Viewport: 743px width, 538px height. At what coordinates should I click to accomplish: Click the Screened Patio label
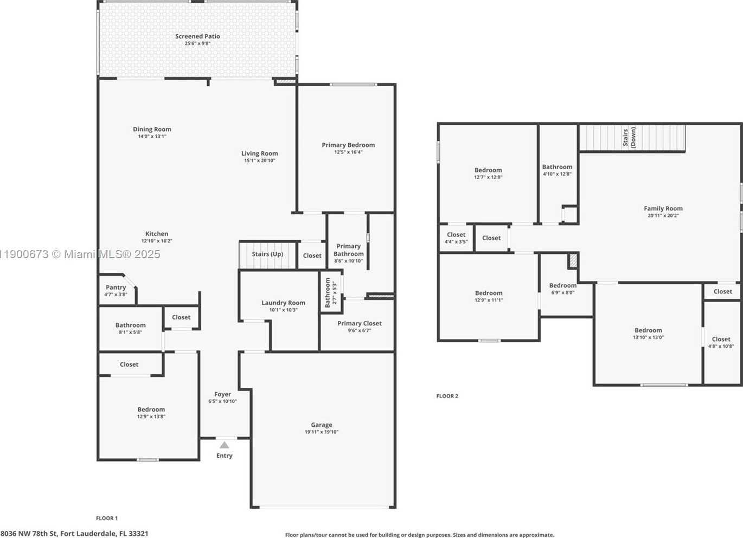coord(197,36)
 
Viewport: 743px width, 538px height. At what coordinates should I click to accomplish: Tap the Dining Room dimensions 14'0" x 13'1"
coord(152,136)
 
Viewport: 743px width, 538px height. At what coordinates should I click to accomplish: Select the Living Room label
coord(259,153)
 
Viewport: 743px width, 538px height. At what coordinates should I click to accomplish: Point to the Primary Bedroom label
coord(348,145)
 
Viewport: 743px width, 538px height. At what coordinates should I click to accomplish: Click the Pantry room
coord(116,290)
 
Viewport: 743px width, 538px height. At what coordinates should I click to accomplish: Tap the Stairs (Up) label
coord(267,254)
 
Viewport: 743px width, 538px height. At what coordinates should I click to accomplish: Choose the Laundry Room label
coord(283,303)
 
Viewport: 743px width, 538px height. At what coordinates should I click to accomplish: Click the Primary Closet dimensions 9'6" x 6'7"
coord(359,330)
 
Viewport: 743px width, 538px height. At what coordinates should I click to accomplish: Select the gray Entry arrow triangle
coord(224,445)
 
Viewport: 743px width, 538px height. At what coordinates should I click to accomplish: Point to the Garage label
coord(322,425)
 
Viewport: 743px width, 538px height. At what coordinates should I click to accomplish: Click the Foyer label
coord(222,394)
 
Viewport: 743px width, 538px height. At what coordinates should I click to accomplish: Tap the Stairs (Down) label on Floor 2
coord(629,137)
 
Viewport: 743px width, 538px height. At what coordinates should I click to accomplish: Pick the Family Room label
coord(663,208)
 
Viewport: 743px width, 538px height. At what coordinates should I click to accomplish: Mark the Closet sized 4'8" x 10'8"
coord(721,343)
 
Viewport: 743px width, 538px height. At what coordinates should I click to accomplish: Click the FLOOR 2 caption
coord(447,396)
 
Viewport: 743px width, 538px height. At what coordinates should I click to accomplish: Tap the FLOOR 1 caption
coord(107,518)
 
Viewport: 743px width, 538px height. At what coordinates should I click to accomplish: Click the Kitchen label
coord(157,234)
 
